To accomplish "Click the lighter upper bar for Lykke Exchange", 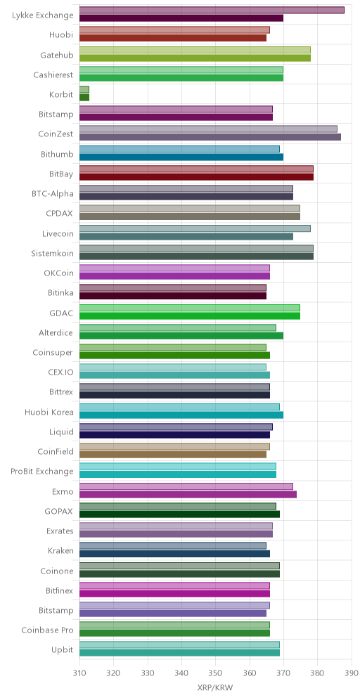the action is coord(212,10).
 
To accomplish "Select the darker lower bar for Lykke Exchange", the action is coord(181,18).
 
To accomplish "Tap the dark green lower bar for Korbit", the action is coord(84,97).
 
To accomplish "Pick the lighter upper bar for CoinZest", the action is coord(208,129).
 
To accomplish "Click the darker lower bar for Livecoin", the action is coord(186,236).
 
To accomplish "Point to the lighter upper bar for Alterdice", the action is coord(178,328).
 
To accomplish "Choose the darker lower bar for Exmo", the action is coord(188,494).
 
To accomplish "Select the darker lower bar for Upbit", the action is coord(179,653).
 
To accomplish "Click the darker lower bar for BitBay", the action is coord(197,177).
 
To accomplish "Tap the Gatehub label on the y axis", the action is coord(57,56).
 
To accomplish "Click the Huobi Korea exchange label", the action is coord(49,412).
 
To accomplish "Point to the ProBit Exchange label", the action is coord(42,472).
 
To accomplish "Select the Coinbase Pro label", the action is coord(47,630).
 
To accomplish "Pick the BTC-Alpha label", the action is coord(53,194).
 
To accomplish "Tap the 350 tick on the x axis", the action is coord(215,673).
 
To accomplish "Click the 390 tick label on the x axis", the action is coord(352,673).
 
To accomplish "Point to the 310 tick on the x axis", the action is coord(79,673).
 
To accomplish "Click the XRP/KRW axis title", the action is coord(215,688).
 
